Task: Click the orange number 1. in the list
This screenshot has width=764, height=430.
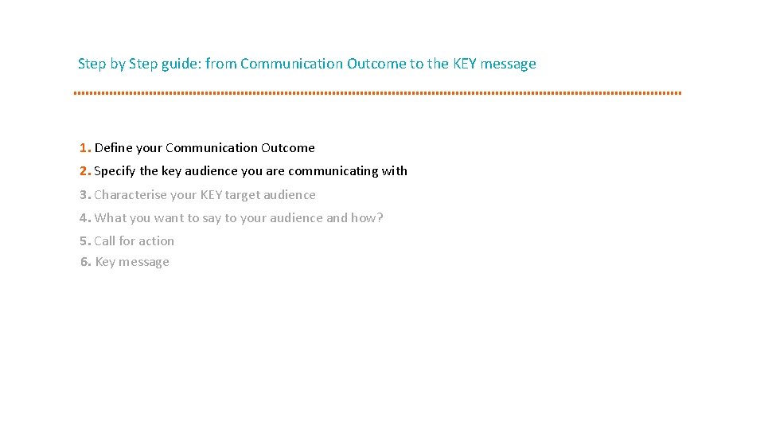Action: pyautogui.click(x=85, y=148)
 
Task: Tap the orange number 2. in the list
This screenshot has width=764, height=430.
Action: pyautogui.click(x=85, y=171)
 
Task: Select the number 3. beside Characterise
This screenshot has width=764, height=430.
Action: pyautogui.click(x=85, y=195)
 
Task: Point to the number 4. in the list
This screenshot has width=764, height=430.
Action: pyautogui.click(x=85, y=218)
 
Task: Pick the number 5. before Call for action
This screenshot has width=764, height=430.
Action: pyautogui.click(x=85, y=241)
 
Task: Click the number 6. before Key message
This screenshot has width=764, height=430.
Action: pyautogui.click(x=86, y=262)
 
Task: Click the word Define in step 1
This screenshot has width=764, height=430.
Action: pyautogui.click(x=114, y=148)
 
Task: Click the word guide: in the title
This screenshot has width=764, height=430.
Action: pyautogui.click(x=181, y=64)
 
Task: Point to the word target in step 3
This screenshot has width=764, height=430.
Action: pyautogui.click(x=243, y=195)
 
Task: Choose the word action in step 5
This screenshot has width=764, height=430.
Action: pyautogui.click(x=156, y=241)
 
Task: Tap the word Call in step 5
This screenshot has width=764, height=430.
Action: pyautogui.click(x=104, y=241)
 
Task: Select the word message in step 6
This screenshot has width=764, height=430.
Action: pyautogui.click(x=145, y=262)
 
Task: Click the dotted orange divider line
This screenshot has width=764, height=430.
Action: pyautogui.click(x=377, y=93)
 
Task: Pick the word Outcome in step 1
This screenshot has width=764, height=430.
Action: pyautogui.click(x=288, y=148)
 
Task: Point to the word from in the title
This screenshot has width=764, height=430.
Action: pyautogui.click(x=220, y=64)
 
